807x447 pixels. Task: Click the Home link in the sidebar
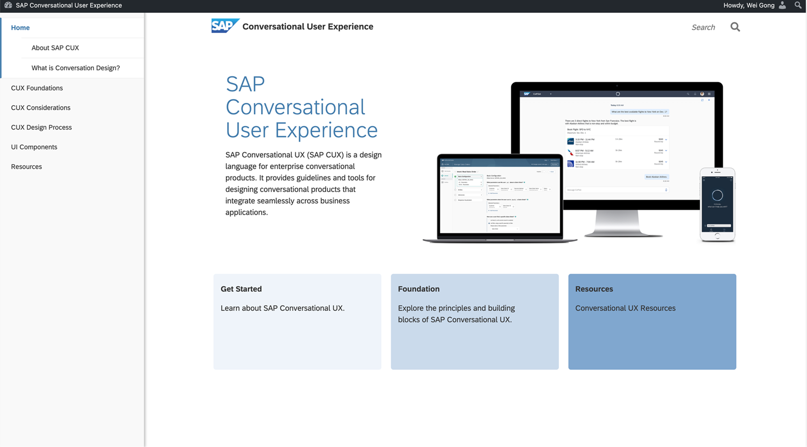coord(20,28)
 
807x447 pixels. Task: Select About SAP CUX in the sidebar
coord(55,48)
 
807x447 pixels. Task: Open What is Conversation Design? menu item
coord(75,68)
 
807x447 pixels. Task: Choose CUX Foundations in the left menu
coord(37,88)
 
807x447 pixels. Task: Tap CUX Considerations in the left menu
coord(41,107)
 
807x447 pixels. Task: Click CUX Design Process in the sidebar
coord(41,127)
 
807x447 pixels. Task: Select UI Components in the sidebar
coord(34,147)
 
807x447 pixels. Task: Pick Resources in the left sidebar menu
coord(26,166)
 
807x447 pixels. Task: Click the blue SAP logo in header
coord(224,26)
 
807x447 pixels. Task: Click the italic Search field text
coord(703,28)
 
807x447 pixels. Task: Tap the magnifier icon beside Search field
coord(735,27)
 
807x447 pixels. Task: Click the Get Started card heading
coord(241,289)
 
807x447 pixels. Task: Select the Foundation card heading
coord(419,289)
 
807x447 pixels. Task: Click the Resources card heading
coord(594,289)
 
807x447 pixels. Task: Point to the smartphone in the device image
coord(717,204)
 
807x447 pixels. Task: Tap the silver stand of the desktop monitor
coord(617,223)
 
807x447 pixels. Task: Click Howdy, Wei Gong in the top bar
coord(749,5)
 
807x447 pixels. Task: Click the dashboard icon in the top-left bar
coord(8,5)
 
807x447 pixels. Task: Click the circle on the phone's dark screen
coord(717,195)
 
